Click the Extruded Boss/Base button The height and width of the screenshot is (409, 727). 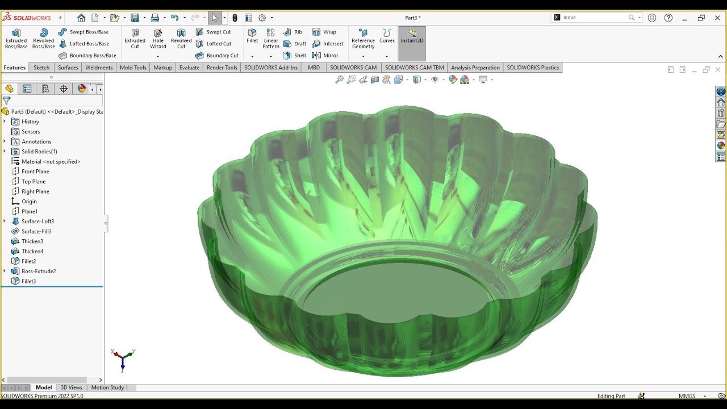[16, 39]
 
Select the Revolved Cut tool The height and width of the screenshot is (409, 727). [181, 39]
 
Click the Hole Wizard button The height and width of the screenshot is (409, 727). [158, 39]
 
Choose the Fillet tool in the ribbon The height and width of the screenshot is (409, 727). [252, 35]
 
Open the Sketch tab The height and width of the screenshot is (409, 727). [41, 68]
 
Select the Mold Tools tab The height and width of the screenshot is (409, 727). [133, 68]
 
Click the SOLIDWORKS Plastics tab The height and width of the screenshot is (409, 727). [533, 68]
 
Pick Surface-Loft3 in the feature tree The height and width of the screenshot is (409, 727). [37, 222]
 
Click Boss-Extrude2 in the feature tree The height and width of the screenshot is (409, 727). [39, 272]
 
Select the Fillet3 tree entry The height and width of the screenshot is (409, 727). [28, 281]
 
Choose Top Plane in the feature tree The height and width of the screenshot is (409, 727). [34, 182]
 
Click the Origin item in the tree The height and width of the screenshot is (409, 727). [29, 202]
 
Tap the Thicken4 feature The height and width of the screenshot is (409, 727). [32, 252]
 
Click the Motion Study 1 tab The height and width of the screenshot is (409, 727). [110, 387]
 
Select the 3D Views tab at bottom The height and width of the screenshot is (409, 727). [72, 387]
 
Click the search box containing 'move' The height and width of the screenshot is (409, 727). [594, 18]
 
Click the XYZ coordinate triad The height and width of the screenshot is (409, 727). [122, 359]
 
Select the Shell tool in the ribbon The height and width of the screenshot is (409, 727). [295, 56]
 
